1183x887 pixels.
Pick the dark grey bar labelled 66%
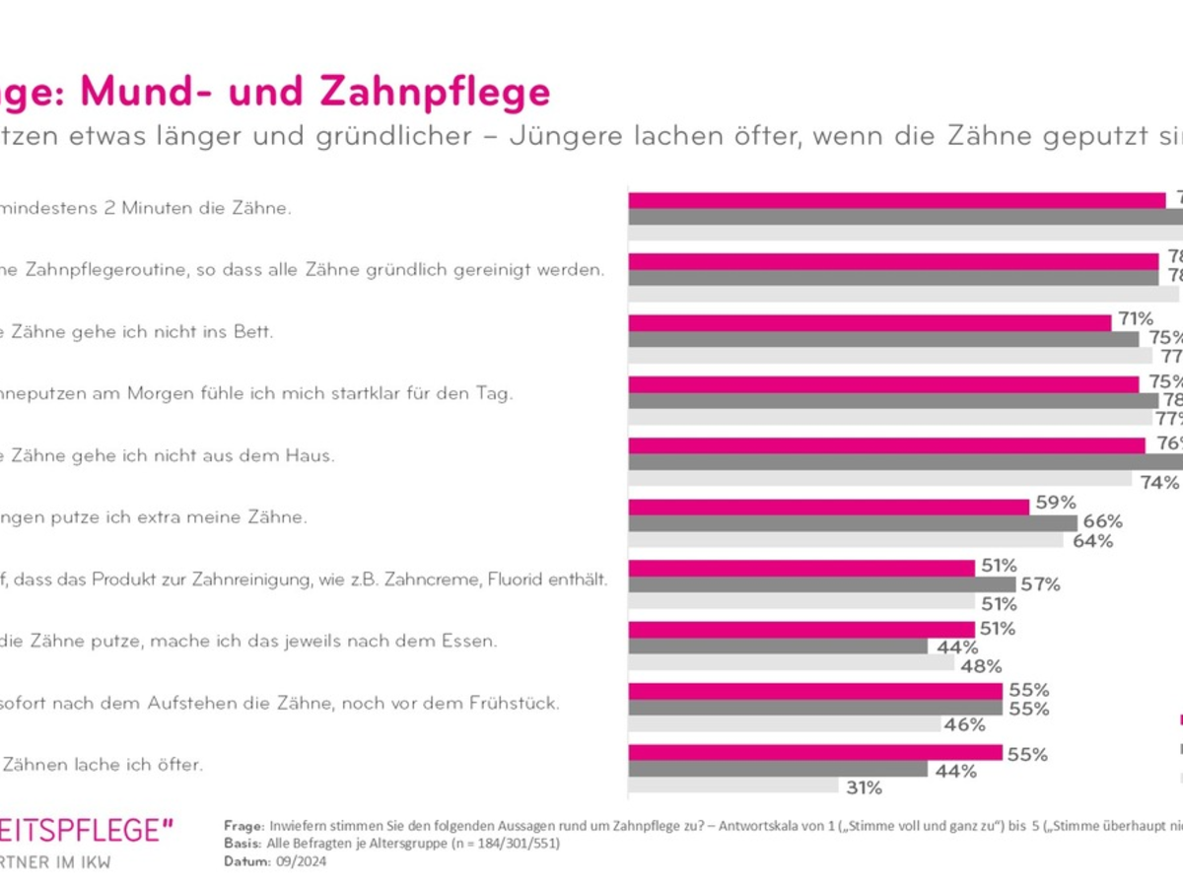(x=853, y=523)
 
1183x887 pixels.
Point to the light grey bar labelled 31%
(x=732, y=786)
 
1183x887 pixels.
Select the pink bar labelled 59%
(x=829, y=506)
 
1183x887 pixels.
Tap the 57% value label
(x=1040, y=584)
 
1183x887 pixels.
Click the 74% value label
(x=1158, y=482)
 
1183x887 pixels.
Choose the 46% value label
(x=964, y=725)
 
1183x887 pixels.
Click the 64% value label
(x=1092, y=541)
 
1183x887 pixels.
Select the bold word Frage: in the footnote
(x=244, y=827)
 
